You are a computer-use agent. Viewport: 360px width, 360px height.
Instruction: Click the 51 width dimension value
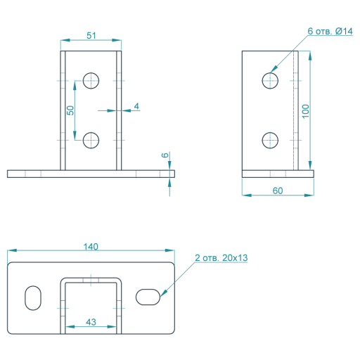91,36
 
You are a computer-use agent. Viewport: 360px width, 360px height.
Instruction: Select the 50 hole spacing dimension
70,110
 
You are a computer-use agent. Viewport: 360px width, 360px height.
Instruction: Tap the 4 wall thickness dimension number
136,106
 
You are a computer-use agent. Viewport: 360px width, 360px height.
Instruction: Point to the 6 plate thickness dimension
165,155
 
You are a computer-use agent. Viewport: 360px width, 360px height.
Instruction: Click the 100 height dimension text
306,111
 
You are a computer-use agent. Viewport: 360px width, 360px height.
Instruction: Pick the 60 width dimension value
278,191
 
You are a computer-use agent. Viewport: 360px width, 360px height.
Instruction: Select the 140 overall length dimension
91,247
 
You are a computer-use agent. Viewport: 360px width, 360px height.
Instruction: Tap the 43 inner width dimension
91,322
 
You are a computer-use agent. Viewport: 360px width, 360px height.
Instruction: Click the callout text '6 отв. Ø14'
330,31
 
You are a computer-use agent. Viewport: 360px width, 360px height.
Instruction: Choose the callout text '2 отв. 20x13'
221,258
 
